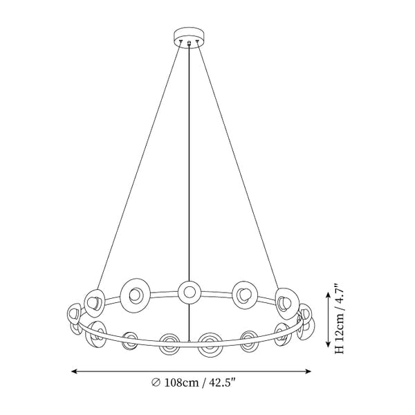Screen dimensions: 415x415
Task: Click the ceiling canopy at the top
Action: [x=190, y=37]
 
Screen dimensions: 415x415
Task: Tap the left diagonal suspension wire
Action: [x=140, y=165]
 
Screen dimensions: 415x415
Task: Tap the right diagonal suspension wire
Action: [x=237, y=165]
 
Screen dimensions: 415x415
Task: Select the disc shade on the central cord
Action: [x=190, y=293]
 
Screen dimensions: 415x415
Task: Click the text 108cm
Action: [x=181, y=382]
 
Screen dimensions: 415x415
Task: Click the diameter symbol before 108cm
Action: [x=156, y=383]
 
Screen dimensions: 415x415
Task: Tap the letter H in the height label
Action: [x=340, y=349]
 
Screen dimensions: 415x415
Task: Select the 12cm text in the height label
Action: [x=340, y=328]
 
